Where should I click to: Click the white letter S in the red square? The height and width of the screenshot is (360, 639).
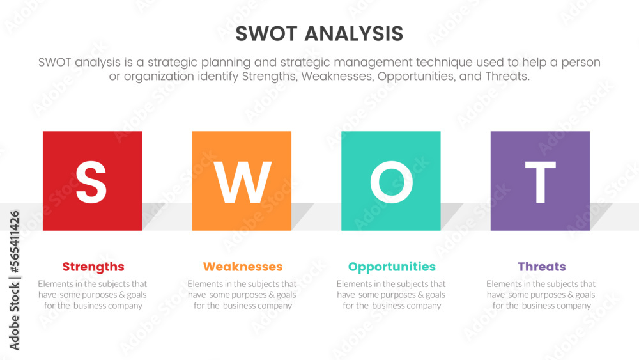tap(91, 182)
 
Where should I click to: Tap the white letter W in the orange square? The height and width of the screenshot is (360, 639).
tap(242, 182)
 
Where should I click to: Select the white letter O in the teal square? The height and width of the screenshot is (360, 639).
tap(391, 182)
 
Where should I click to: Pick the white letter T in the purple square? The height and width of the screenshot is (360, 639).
tap(540, 182)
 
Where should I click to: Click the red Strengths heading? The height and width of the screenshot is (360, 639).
tap(93, 267)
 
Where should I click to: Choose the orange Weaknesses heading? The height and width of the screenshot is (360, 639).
tap(243, 267)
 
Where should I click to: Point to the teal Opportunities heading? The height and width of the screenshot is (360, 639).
tap(392, 267)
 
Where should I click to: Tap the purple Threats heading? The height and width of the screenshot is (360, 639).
tap(542, 267)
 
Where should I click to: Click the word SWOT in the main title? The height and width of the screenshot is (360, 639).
tap(266, 33)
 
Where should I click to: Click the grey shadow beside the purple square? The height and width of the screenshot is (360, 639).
tap(600, 214)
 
